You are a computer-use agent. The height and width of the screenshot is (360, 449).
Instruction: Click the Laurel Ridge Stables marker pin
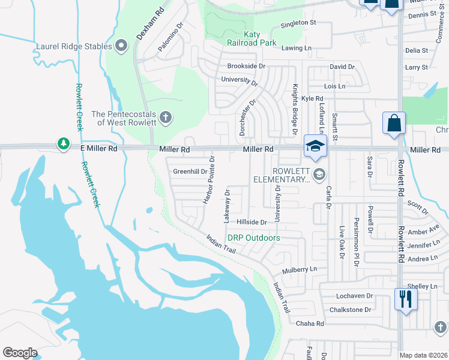coord(122,46)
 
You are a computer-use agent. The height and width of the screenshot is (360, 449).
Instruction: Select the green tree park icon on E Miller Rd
coord(63,144)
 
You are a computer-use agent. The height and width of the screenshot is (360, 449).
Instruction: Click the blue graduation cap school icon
coord(315,146)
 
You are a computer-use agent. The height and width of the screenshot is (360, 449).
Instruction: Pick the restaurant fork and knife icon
coord(406,298)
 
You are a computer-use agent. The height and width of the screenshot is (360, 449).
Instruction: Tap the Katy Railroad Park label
coord(252,38)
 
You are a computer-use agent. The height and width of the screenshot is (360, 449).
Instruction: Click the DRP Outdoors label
coord(253,238)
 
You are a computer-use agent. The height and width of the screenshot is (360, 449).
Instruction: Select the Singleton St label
coord(299,23)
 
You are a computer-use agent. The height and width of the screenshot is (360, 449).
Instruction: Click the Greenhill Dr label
coord(190,172)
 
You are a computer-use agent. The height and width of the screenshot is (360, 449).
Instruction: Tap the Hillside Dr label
coord(251,222)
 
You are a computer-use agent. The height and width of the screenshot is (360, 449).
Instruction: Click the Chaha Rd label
coord(310,323)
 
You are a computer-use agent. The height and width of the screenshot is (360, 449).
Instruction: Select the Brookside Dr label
coord(246,66)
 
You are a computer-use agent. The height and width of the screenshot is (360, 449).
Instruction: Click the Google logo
coord(20,353)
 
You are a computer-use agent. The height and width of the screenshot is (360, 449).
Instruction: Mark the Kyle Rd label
coord(312,98)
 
